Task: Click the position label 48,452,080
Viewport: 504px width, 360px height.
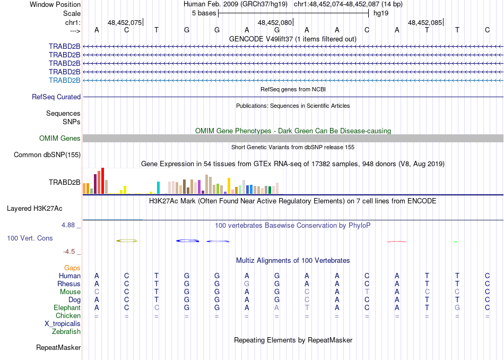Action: click(x=275, y=23)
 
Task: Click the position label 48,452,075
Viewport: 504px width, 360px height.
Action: click(x=125, y=23)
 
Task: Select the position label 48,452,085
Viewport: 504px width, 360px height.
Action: click(x=425, y=23)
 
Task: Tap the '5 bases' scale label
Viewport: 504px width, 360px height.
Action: click(x=204, y=13)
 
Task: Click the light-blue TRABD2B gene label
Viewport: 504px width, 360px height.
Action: click(x=65, y=80)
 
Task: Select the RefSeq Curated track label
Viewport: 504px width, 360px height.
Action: click(x=56, y=97)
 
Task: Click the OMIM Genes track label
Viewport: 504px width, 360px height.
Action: click(x=60, y=139)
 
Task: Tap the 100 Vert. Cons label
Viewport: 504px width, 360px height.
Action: click(x=30, y=238)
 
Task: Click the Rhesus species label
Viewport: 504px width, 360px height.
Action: click(x=69, y=284)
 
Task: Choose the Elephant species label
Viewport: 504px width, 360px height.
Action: click(x=67, y=308)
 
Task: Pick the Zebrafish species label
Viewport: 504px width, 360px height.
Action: click(x=66, y=332)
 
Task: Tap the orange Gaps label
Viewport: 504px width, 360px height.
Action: click(x=72, y=268)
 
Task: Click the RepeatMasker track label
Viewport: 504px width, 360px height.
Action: click(x=58, y=348)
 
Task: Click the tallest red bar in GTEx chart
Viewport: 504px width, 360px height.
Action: click(x=102, y=181)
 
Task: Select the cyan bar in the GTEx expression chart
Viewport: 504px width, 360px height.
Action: click(x=158, y=188)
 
